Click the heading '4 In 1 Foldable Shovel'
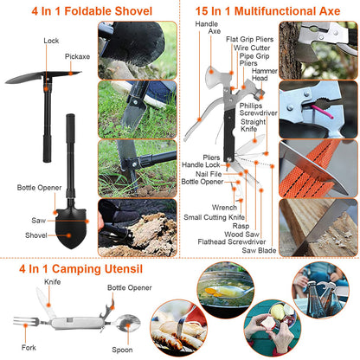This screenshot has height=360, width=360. coord(90,10)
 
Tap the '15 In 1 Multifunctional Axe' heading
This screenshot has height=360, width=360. coord(267,10)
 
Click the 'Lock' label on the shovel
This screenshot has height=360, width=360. coord(50,41)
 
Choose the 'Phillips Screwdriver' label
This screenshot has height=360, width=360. coord(258,108)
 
